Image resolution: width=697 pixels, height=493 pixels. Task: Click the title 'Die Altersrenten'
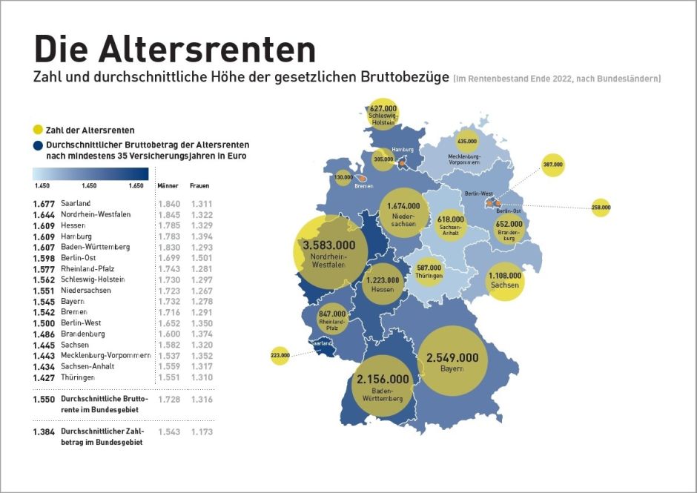pyautogui.click(x=174, y=48)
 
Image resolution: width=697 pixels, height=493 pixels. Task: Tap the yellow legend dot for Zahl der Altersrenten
pyautogui.click(x=38, y=130)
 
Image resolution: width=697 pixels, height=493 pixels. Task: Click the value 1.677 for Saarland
pyautogui.click(x=44, y=203)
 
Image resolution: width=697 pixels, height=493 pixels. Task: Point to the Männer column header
pyautogui.click(x=167, y=186)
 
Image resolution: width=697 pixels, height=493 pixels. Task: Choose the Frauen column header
pyautogui.click(x=199, y=186)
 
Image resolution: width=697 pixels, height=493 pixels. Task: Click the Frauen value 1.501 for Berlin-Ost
pyautogui.click(x=202, y=257)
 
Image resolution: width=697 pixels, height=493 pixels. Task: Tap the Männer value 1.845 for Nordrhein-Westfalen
pyautogui.click(x=170, y=214)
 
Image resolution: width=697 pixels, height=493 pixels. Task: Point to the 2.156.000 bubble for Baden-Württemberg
pyautogui.click(x=383, y=379)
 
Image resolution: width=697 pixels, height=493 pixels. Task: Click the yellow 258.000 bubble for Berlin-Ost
pyautogui.click(x=601, y=208)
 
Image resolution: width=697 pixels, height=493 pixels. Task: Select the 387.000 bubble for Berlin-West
pyautogui.click(x=553, y=164)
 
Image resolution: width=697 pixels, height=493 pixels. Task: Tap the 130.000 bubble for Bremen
pyautogui.click(x=343, y=177)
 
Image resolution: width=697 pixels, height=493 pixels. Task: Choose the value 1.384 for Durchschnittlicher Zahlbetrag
pyautogui.click(x=44, y=431)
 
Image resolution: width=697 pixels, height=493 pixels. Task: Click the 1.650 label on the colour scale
pyautogui.click(x=136, y=185)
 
